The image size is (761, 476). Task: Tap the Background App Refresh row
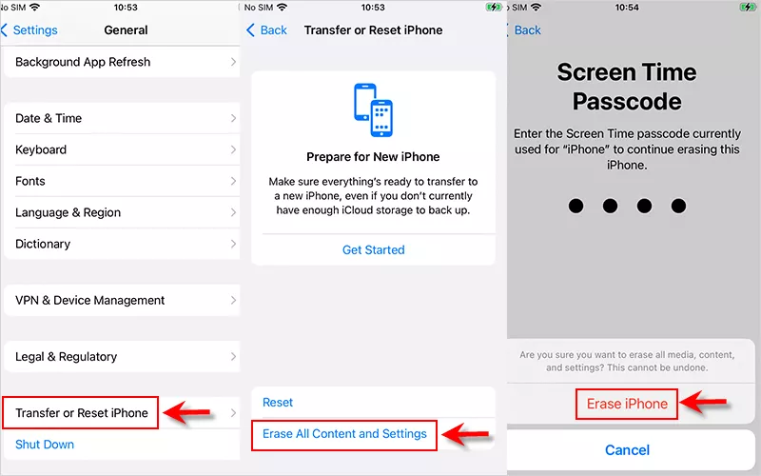pyautogui.click(x=122, y=62)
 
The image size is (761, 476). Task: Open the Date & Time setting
pyautogui.click(x=122, y=118)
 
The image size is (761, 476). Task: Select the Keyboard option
pyautogui.click(x=122, y=149)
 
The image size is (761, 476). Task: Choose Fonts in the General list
pyautogui.click(x=122, y=181)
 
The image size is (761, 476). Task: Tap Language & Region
pyautogui.click(x=122, y=212)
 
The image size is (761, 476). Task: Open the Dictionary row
pyautogui.click(x=122, y=244)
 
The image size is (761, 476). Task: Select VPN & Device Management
pyautogui.click(x=122, y=300)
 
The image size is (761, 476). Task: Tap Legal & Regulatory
pyautogui.click(x=122, y=356)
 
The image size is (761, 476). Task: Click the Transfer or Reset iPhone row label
pyautogui.click(x=82, y=413)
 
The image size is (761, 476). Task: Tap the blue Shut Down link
pyautogui.click(x=45, y=445)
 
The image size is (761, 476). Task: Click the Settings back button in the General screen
pyautogui.click(x=29, y=30)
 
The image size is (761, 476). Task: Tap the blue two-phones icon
pyautogui.click(x=373, y=109)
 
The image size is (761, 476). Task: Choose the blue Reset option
pyautogui.click(x=278, y=402)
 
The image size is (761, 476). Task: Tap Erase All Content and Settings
pyautogui.click(x=344, y=434)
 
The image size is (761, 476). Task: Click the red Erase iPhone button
pyautogui.click(x=627, y=404)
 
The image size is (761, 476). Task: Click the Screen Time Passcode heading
pyautogui.click(x=627, y=87)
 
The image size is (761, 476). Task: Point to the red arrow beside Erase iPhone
pyautogui.click(x=703, y=402)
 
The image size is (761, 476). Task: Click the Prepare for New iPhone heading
pyautogui.click(x=373, y=157)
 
